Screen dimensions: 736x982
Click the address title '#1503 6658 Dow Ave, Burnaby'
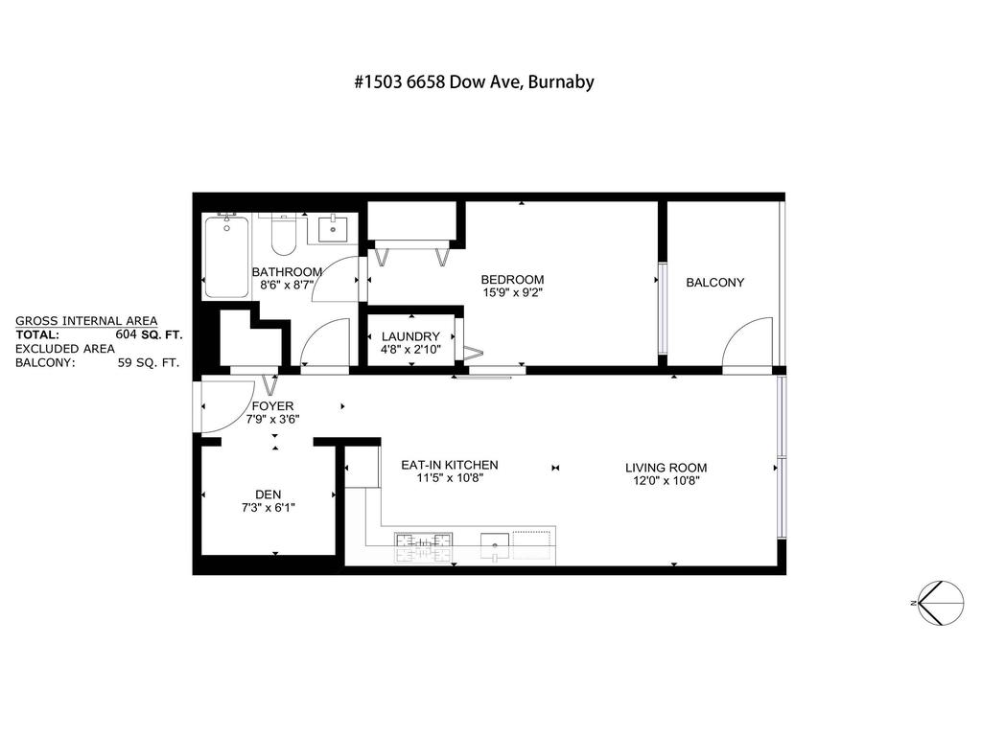473,81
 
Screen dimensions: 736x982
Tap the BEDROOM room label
512,280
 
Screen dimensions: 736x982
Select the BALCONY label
714,283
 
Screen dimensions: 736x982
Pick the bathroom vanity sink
333,230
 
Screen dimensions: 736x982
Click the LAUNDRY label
409,336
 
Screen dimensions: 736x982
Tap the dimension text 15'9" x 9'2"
512,294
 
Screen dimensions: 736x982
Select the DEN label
268,494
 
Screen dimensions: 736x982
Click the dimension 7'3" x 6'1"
268,508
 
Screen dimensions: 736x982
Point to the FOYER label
272,406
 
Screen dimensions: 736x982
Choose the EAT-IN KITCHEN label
449,465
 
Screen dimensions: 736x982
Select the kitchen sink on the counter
495,544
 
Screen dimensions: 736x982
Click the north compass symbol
940,604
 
